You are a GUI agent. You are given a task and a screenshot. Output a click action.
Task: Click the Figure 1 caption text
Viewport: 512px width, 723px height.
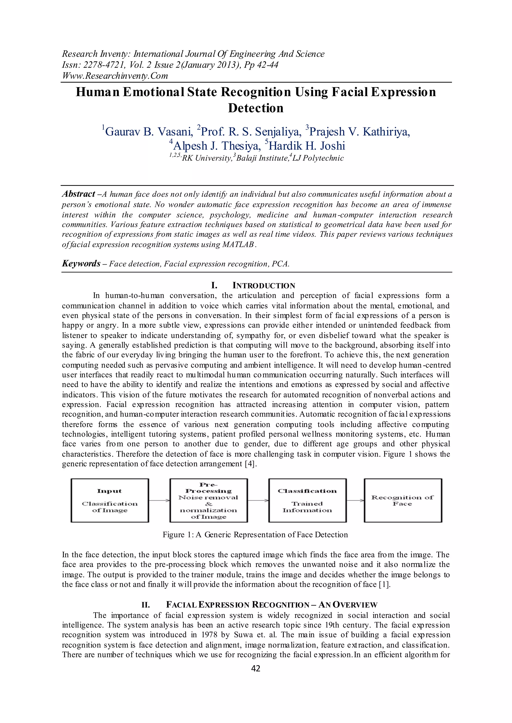click(255, 535)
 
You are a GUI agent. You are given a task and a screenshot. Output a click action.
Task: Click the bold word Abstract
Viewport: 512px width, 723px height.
click(78, 194)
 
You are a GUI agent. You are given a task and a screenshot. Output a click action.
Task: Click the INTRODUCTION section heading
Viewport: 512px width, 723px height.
click(263, 286)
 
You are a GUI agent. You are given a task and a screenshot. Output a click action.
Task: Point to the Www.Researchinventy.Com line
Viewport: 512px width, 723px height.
click(115, 76)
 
